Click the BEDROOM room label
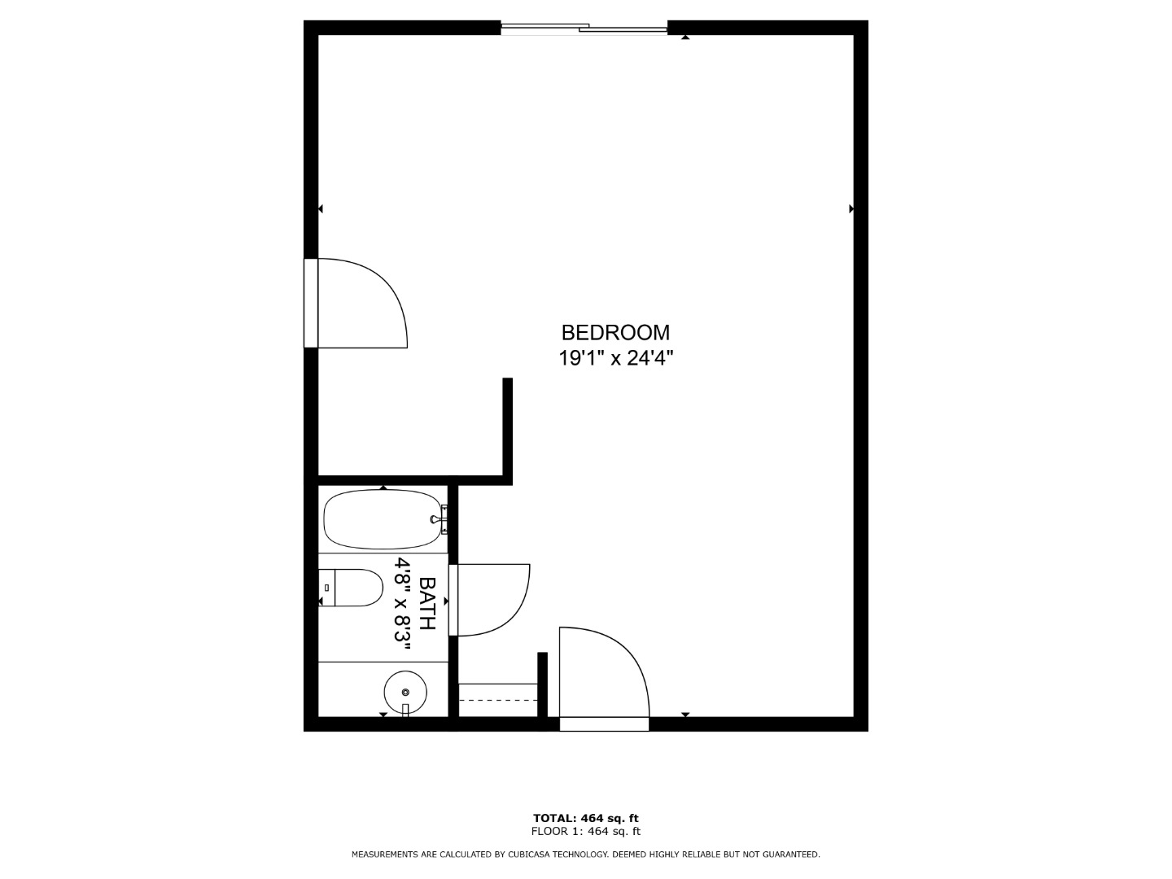(615, 333)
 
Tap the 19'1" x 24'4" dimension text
(615, 358)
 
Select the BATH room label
(427, 603)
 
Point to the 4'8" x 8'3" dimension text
(403, 604)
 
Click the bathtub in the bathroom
(383, 519)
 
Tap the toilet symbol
(351, 588)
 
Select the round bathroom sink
(405, 692)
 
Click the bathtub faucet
(440, 519)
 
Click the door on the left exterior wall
(356, 303)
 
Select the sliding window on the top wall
(584, 28)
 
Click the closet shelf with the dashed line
(498, 700)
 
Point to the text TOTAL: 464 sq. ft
(586, 818)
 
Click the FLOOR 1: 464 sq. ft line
(586, 831)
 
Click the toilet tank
(326, 588)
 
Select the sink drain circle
(405, 692)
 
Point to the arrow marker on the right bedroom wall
(851, 208)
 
